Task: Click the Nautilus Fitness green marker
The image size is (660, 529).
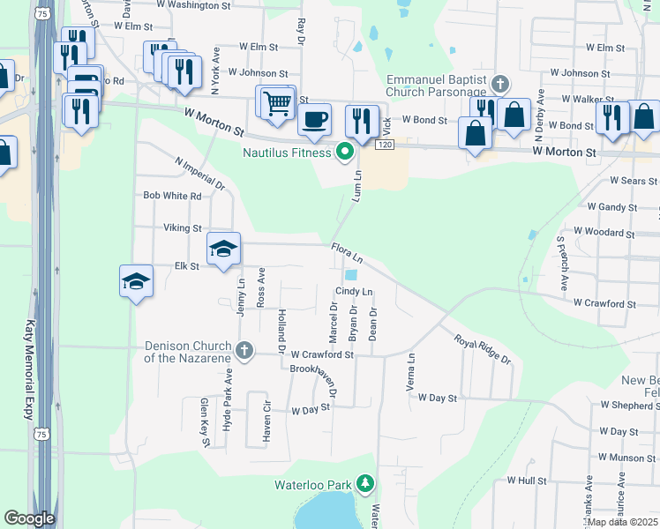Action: click(x=345, y=153)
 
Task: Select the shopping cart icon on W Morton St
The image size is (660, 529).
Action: click(x=277, y=103)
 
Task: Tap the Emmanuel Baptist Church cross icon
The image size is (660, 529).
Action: click(x=500, y=85)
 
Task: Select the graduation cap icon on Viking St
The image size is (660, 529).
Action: click(x=224, y=250)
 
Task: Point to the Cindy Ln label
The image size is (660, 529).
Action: click(x=355, y=292)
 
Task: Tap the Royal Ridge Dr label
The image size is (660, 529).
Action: click(x=482, y=349)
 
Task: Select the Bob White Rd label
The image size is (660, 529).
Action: click(x=172, y=196)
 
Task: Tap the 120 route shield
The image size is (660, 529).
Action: click(x=384, y=144)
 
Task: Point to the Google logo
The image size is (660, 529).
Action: click(x=29, y=518)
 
